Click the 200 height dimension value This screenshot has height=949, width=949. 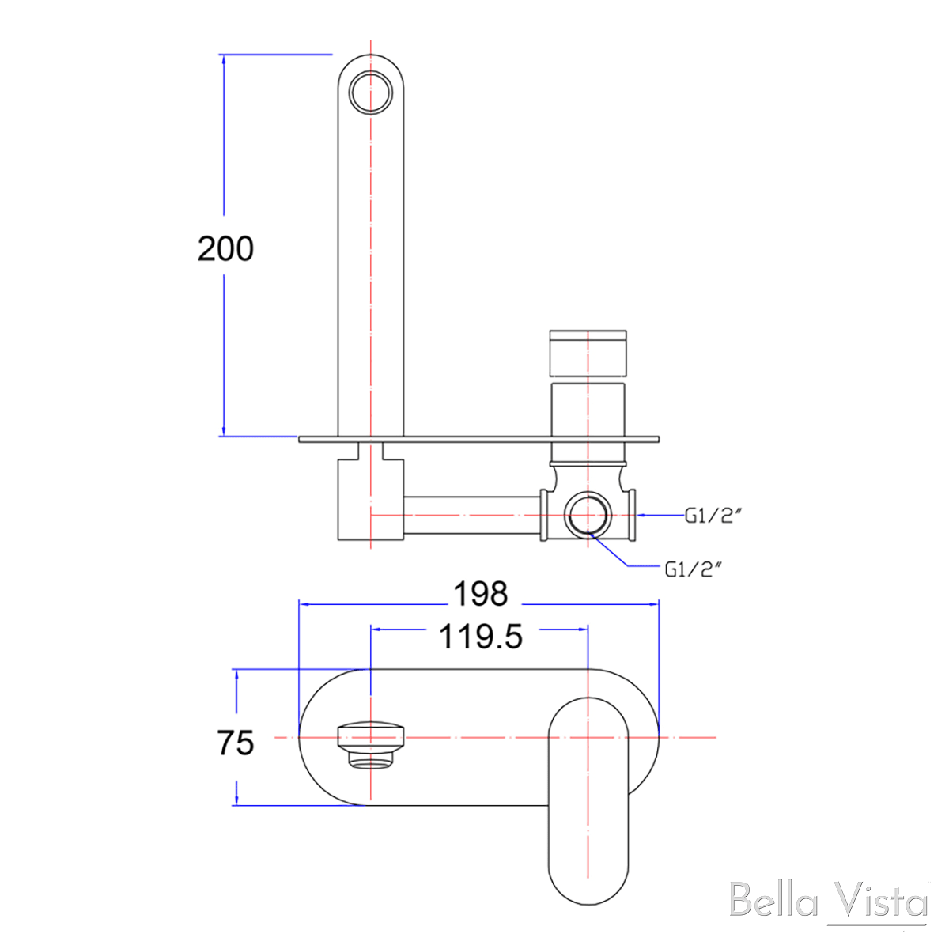point(225,249)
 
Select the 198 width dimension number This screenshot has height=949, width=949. point(480,593)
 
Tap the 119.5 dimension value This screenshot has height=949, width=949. point(481,636)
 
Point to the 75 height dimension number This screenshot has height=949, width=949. point(235,743)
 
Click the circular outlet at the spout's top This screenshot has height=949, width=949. point(371,91)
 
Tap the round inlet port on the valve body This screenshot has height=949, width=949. point(588,515)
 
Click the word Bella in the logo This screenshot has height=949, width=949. point(776,901)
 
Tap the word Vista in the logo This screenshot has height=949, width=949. point(879,901)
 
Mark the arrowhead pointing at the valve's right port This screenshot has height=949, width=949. point(643,515)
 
